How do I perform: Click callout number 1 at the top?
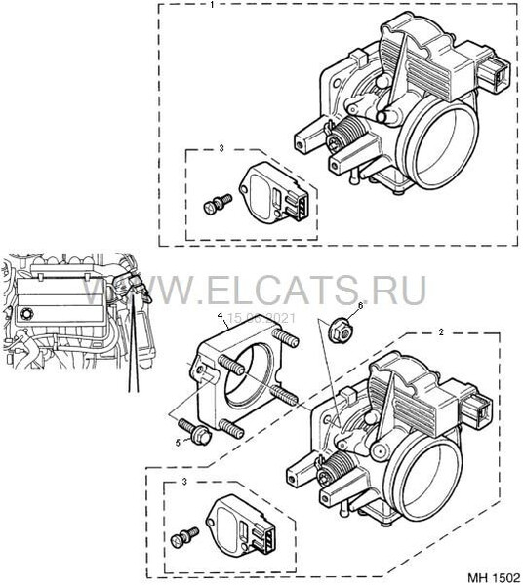(213, 5)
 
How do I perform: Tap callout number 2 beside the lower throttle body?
(441, 332)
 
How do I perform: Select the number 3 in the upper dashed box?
(221, 148)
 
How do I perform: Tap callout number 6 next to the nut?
(359, 305)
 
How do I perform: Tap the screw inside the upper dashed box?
(213, 206)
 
